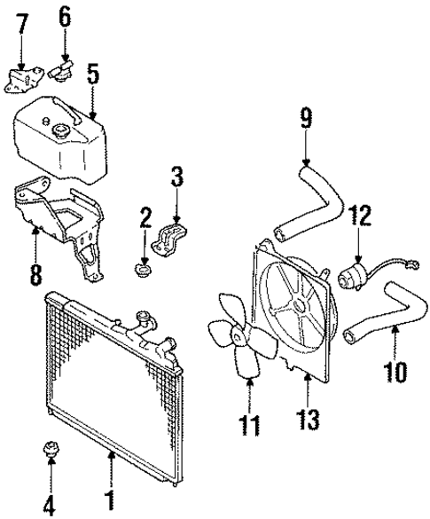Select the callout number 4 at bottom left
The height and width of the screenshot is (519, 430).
[51, 507]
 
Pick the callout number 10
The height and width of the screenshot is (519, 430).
[397, 368]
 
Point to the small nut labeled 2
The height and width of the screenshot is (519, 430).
[140, 266]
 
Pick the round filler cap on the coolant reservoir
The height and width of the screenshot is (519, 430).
[63, 131]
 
